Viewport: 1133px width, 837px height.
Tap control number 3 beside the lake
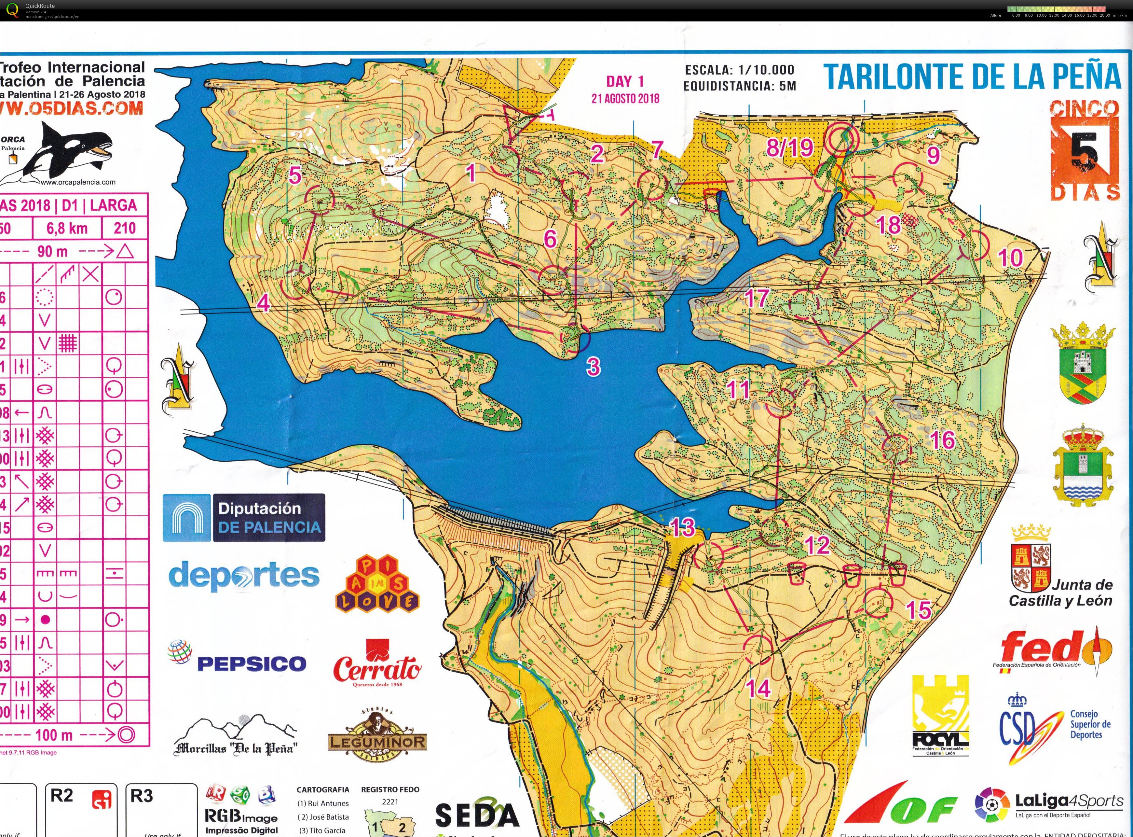point(593,366)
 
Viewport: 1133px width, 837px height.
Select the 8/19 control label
point(789,148)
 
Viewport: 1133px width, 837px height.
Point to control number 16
point(942,440)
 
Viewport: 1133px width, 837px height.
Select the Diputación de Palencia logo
point(244,518)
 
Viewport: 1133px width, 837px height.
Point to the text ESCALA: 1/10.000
point(739,70)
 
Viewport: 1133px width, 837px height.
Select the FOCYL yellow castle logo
point(940,714)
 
